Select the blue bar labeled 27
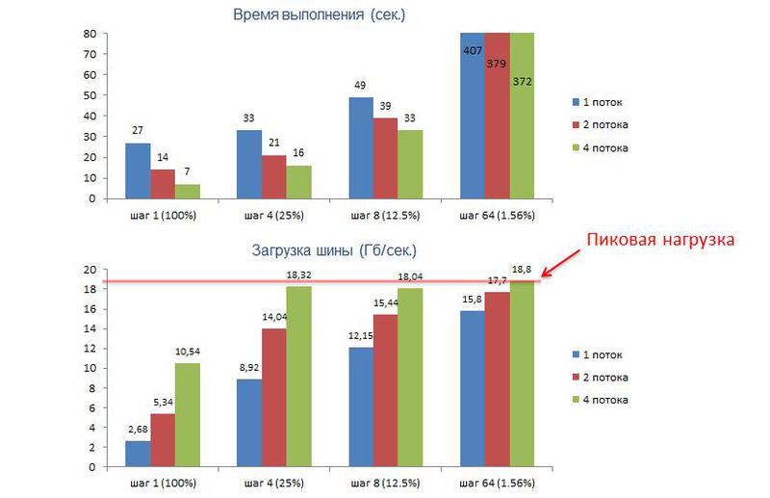tap(138, 170)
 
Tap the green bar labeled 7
tap(188, 191)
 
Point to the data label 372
tap(521, 82)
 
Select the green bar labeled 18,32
tap(298, 377)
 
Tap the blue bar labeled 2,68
tap(138, 454)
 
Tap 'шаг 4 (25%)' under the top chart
tap(272, 215)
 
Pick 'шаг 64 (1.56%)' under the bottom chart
tap(497, 482)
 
